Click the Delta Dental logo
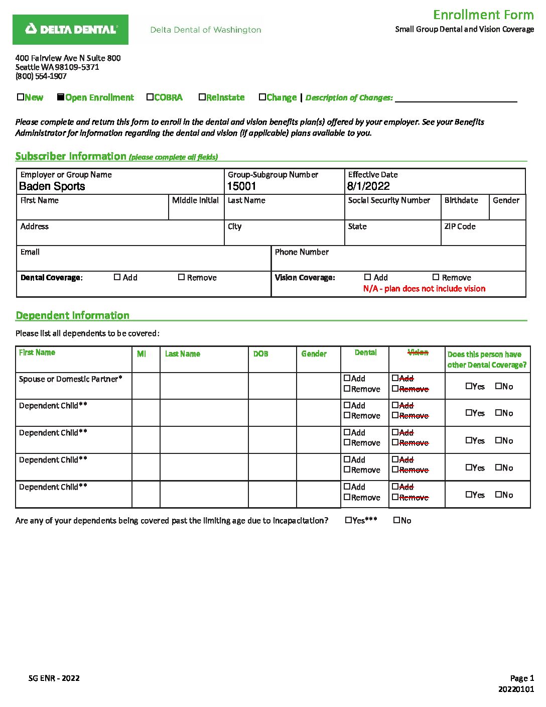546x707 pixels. pos(70,30)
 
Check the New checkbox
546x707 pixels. pos(21,97)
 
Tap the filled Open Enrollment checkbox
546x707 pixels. pos(61,97)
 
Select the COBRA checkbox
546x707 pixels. pos(150,97)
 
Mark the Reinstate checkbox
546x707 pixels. pos(202,97)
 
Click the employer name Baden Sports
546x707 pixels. pos(52,186)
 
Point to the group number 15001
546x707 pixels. pos(242,186)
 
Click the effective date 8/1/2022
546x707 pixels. pos(368,186)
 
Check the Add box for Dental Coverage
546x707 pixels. pos(117,277)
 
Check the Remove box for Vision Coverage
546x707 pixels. pos(436,277)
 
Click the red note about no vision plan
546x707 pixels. pos(424,289)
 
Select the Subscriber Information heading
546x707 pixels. pos(71,156)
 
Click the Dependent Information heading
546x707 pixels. pos(73,315)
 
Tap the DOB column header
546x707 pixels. pos(260,354)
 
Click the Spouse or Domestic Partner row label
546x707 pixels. pos(70,379)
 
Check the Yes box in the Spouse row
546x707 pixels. pos(469,386)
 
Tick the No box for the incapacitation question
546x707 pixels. pos(396,520)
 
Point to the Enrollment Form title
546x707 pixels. pos(483,15)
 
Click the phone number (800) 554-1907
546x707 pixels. pos(41,76)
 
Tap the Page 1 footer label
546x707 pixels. pos(522,678)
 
